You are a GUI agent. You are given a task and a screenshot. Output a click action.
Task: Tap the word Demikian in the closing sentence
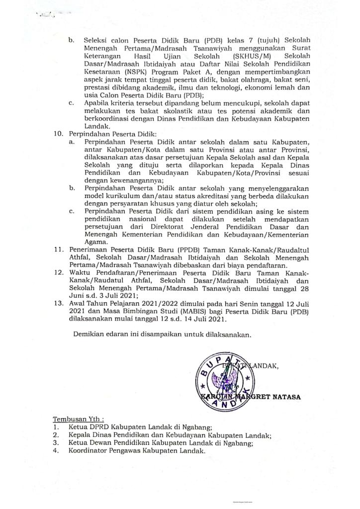point(89,335)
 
